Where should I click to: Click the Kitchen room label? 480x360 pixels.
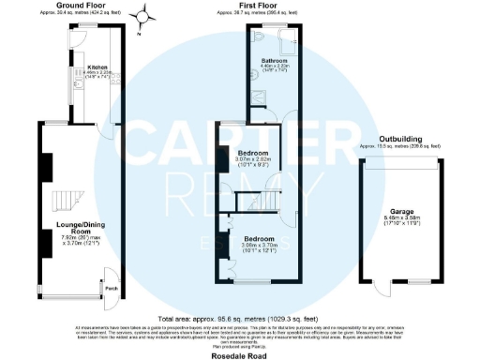point(97,67)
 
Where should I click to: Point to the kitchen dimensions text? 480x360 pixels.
point(97,74)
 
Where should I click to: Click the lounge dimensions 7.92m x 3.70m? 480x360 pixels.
point(81,241)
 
